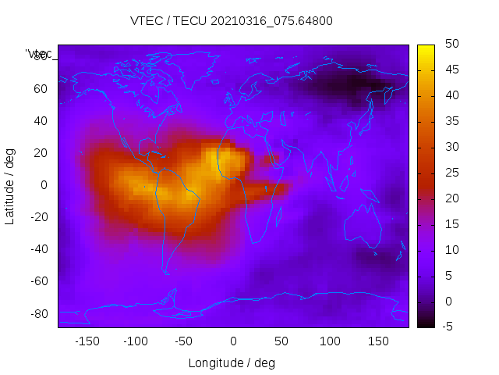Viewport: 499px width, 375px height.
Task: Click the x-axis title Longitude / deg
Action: [232, 362]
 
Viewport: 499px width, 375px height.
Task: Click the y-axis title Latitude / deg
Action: [10, 185]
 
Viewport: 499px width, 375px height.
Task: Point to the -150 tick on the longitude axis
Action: [87, 341]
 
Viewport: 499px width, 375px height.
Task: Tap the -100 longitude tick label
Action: [135, 341]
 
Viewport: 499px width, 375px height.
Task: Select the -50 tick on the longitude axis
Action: [184, 341]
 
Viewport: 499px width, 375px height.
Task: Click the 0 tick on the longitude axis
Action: [233, 341]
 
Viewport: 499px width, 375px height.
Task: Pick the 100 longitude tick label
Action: [330, 341]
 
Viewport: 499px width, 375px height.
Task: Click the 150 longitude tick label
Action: [378, 341]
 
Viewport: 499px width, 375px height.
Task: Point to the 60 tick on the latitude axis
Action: [41, 88]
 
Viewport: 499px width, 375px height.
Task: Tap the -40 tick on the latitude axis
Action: [38, 249]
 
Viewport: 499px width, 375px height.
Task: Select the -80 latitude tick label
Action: [38, 313]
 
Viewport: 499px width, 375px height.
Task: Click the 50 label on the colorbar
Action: [451, 45]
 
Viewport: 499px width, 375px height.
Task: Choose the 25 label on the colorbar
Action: [451, 173]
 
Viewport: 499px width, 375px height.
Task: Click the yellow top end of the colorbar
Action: [426, 48]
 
